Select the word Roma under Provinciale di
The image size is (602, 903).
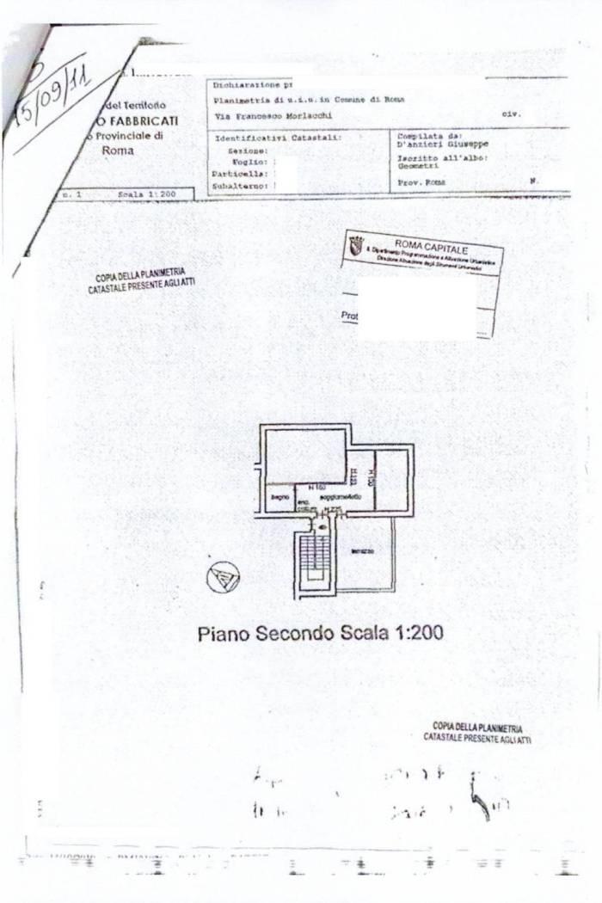tap(117, 150)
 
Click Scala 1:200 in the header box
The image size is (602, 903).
tap(146, 195)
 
